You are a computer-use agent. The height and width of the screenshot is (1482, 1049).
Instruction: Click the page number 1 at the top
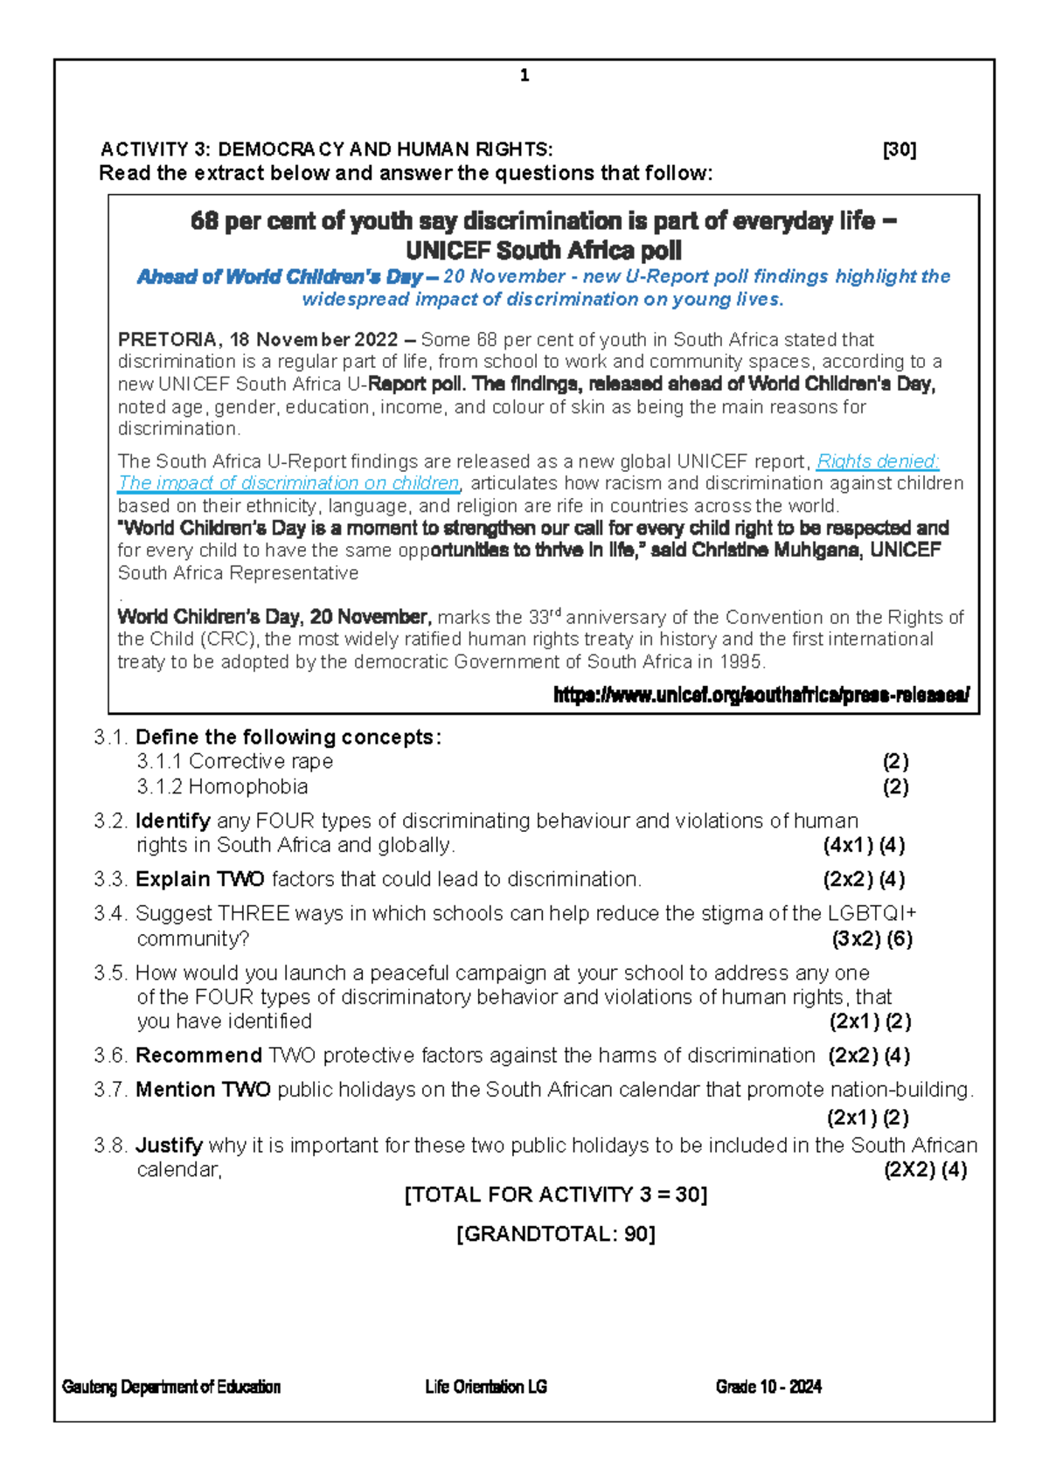[x=524, y=76]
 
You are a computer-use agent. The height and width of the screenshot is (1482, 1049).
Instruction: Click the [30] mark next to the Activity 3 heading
[x=900, y=149]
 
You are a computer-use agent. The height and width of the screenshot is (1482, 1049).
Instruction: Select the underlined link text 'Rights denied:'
[x=877, y=461]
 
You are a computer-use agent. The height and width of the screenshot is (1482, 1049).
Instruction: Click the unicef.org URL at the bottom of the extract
[x=761, y=696]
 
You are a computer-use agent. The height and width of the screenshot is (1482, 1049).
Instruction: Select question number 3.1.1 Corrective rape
[x=234, y=761]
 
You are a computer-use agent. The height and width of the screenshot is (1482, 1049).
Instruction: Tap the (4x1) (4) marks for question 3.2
[x=864, y=845]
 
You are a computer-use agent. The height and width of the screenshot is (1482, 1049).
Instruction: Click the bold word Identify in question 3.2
[x=172, y=821]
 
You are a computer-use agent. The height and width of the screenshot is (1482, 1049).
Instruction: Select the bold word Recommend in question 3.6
[x=198, y=1056]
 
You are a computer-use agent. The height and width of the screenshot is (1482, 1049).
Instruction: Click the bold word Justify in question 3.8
[x=169, y=1145]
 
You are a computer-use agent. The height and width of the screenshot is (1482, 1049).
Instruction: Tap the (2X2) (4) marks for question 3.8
[x=925, y=1170]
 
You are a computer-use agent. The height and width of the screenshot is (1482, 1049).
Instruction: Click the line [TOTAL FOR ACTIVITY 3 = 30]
[x=555, y=1195]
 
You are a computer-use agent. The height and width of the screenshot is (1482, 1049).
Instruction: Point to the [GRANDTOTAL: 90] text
[x=555, y=1234]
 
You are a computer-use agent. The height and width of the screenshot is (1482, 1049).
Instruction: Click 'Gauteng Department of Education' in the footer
[x=171, y=1387]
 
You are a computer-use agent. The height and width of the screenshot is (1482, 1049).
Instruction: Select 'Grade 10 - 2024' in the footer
[x=768, y=1387]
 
